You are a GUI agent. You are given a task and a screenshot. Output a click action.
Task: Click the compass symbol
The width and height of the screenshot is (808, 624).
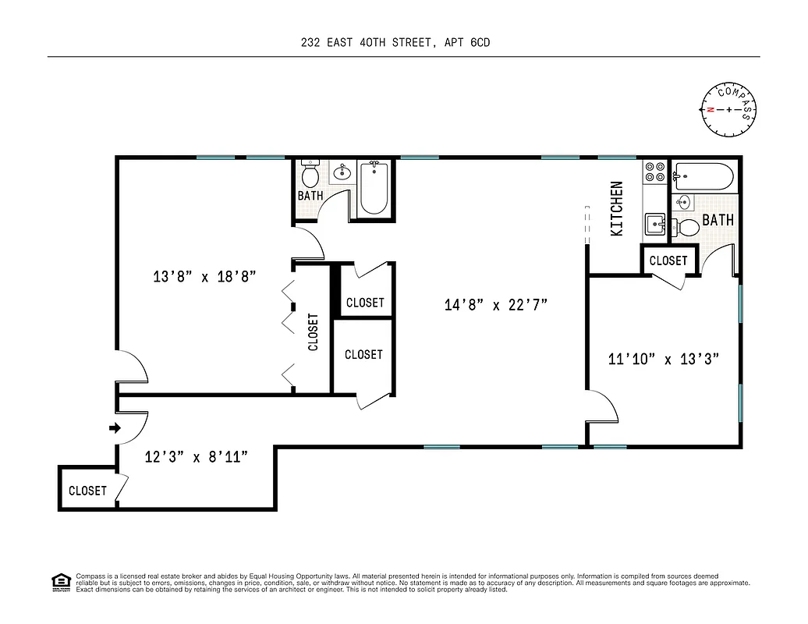(728, 109)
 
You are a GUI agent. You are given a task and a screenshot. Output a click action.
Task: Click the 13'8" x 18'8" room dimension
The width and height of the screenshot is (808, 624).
(204, 276)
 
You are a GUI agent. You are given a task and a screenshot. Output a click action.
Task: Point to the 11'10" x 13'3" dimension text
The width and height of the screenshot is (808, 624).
(663, 359)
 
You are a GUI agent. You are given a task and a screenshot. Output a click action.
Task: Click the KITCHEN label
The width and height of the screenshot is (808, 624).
(616, 208)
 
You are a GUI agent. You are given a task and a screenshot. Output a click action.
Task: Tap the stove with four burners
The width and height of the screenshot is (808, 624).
(654, 172)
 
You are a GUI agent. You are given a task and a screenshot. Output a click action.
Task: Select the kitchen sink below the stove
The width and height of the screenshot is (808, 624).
(654, 225)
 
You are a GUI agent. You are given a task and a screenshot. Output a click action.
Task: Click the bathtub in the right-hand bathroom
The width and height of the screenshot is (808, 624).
(703, 177)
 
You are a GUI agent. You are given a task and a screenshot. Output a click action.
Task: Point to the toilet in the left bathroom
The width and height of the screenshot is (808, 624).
(310, 175)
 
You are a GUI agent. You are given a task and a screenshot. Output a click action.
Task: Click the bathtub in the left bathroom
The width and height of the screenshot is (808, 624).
(374, 189)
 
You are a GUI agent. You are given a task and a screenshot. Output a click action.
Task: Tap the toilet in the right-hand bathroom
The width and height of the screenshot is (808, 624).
(687, 228)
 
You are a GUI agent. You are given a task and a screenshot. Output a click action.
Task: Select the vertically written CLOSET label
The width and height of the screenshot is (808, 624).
(314, 332)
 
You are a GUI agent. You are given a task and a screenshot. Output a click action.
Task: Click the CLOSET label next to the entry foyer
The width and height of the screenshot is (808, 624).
(87, 491)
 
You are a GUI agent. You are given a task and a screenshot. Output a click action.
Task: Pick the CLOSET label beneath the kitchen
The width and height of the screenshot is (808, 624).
(668, 261)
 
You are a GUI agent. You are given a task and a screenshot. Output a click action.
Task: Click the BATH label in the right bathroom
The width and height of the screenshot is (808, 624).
(718, 220)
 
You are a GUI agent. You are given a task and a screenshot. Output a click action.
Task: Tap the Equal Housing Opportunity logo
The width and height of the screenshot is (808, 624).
(59, 581)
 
